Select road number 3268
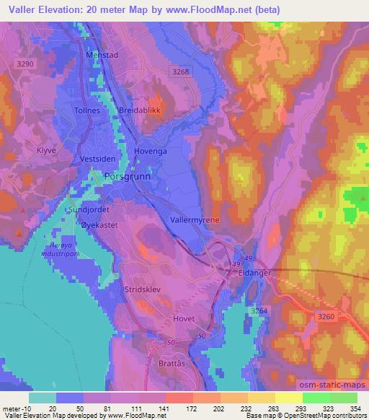(x=181, y=71)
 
